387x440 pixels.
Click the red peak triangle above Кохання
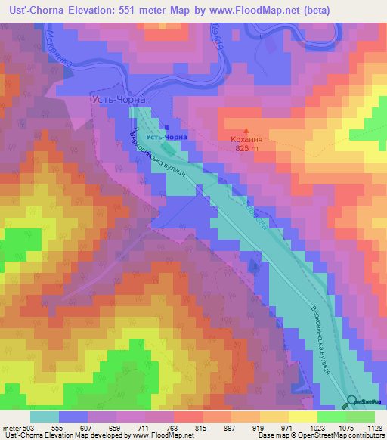click(247, 131)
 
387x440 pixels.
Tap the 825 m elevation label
click(247, 148)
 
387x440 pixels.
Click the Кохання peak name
click(247, 140)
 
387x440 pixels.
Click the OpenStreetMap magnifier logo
click(353, 401)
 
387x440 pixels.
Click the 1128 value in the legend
click(373, 427)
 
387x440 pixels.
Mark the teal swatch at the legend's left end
click(45, 417)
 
